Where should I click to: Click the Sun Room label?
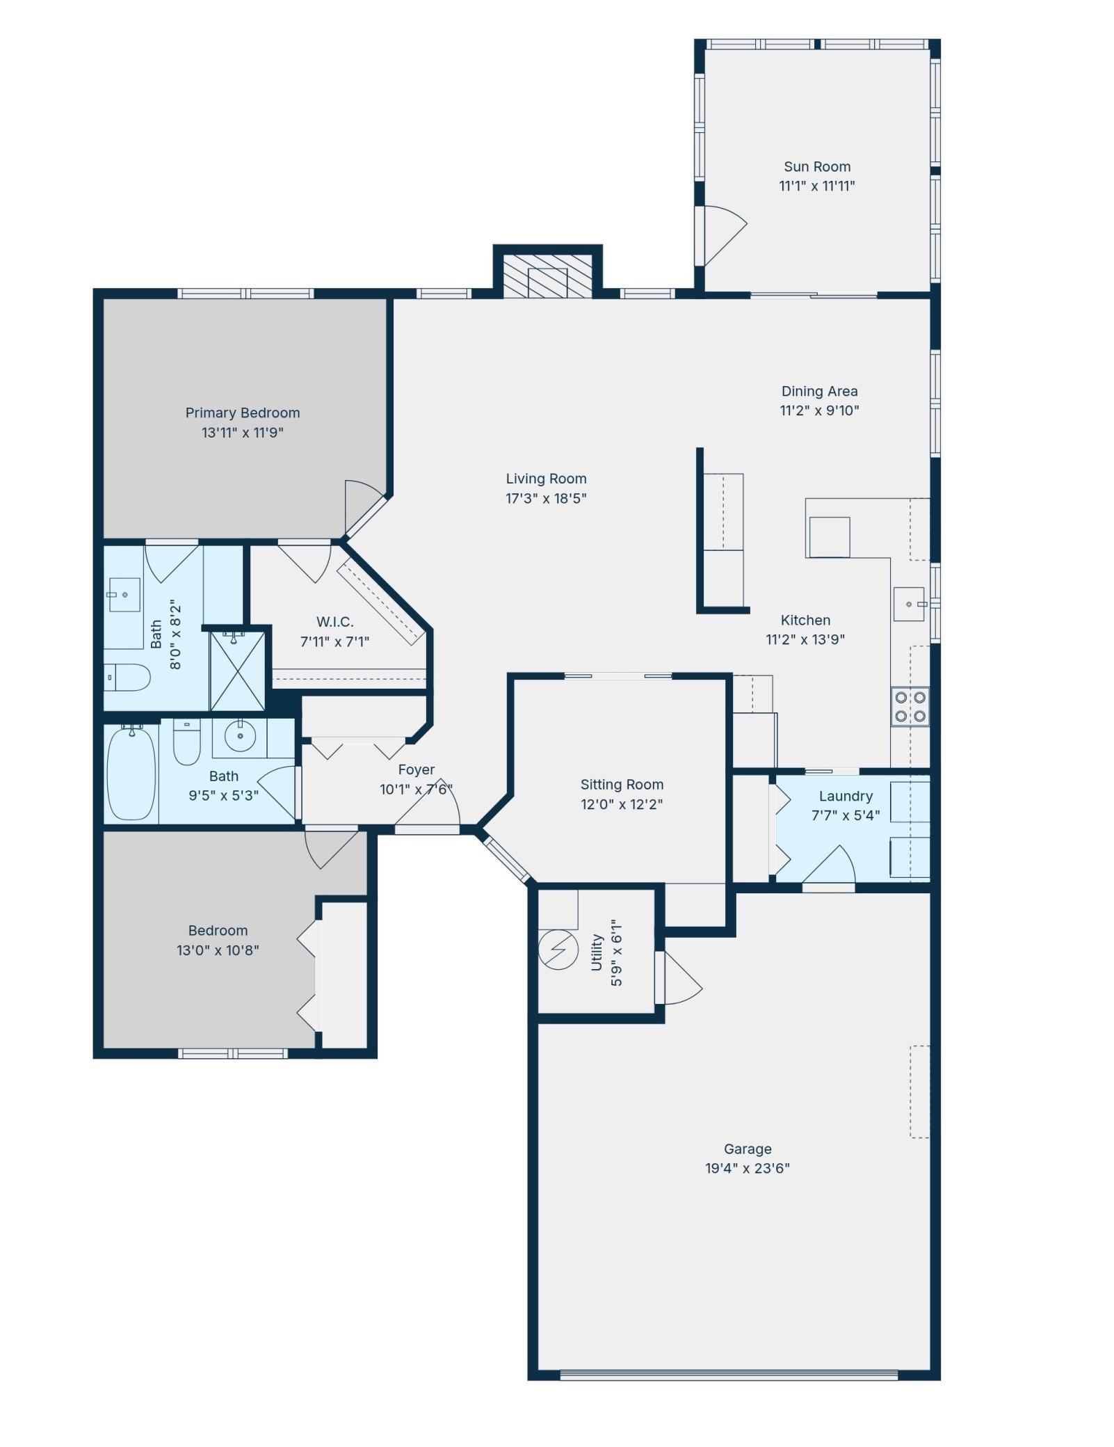pos(816,167)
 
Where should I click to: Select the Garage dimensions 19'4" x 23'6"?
pos(747,1168)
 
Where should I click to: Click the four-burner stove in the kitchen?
pos(910,706)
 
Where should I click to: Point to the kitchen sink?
pos(909,604)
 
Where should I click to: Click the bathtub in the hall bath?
pos(131,773)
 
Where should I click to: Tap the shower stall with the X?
pos(238,671)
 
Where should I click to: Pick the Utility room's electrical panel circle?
pos(558,949)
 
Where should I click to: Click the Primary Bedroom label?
pos(242,413)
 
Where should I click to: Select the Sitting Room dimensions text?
pos(621,804)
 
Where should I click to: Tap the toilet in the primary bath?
pos(129,677)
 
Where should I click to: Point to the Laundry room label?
pos(845,796)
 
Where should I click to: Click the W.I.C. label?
pos(334,621)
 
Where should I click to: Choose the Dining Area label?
pos(818,391)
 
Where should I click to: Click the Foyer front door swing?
pos(431,806)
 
